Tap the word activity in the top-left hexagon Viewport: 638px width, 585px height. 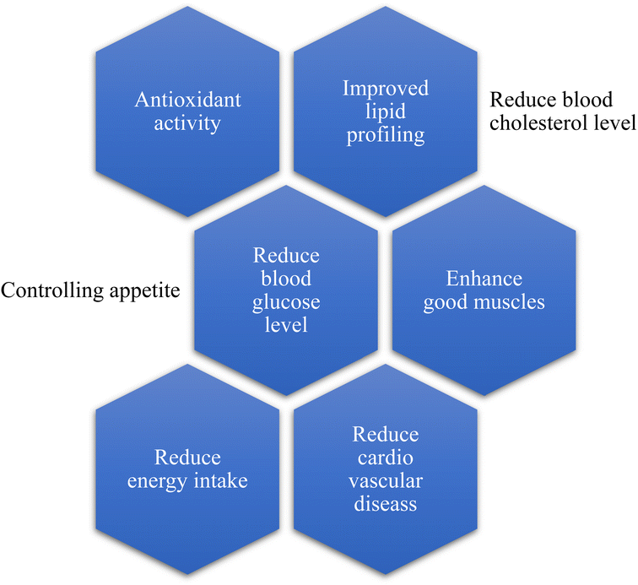pyautogui.click(x=187, y=123)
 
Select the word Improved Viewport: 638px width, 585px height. pyautogui.click(x=386, y=88)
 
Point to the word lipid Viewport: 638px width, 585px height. pyautogui.click(x=386, y=111)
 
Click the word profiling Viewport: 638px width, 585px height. pyautogui.click(x=386, y=133)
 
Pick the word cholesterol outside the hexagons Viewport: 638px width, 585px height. pyautogui.click(x=536, y=123)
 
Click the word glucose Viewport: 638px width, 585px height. pyautogui.click(x=287, y=301)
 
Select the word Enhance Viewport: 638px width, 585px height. pyautogui.click(x=484, y=279)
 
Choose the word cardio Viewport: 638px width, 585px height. pyautogui.click(x=386, y=458)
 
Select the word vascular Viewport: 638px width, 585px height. pyautogui.click(x=386, y=481)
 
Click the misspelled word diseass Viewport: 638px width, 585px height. pyautogui.click(x=386, y=504)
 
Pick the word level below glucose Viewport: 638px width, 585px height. pyautogui.click(x=287, y=324)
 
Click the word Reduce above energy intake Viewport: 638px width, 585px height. pyautogui.click(x=187, y=458)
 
